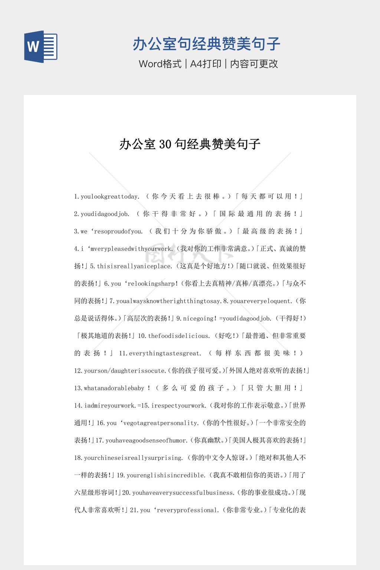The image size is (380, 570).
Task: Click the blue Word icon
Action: click(x=41, y=46)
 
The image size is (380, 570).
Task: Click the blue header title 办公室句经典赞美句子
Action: click(x=206, y=44)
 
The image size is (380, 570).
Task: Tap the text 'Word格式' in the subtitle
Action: click(x=160, y=64)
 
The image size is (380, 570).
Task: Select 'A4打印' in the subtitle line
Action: click(x=206, y=64)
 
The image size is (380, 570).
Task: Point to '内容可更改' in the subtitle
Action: click(x=254, y=64)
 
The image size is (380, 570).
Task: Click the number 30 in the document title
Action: click(x=165, y=144)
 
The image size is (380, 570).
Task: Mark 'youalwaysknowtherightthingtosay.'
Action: click(x=169, y=301)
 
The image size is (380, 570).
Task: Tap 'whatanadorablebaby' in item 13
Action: click(x=114, y=388)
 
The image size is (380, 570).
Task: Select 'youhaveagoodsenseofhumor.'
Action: click(x=147, y=440)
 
